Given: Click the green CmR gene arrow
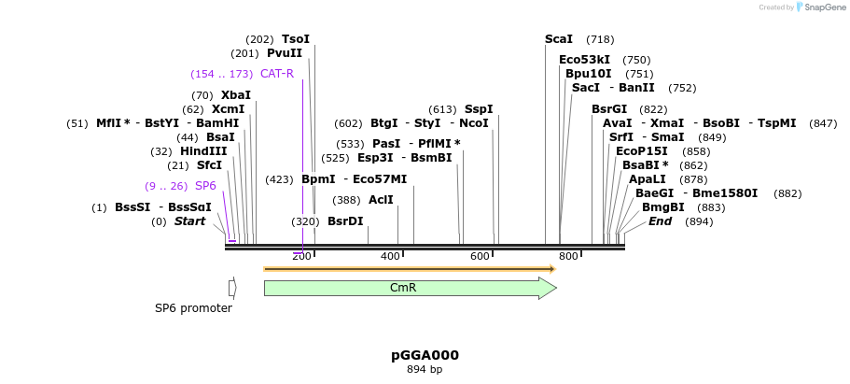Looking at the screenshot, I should click(x=403, y=288).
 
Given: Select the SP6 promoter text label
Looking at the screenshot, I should click(x=193, y=308).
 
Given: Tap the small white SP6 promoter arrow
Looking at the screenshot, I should click(x=232, y=288).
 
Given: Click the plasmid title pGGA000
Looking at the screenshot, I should click(x=425, y=355).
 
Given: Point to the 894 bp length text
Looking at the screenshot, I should click(x=425, y=370).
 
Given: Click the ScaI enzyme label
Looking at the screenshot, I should click(x=558, y=39).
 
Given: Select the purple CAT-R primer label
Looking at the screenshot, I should click(x=277, y=74).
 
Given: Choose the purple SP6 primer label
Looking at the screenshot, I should click(x=205, y=186).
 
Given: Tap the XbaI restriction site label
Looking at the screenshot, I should click(x=236, y=95).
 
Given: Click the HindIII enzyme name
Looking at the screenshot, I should click(x=203, y=151).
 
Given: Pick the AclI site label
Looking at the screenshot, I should click(x=381, y=200).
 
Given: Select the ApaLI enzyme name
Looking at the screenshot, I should click(x=648, y=179).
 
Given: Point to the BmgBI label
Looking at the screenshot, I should click(x=663, y=207).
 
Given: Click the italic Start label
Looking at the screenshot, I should click(x=189, y=221).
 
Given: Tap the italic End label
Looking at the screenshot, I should click(x=660, y=221).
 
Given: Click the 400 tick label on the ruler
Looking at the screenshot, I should click(x=389, y=256).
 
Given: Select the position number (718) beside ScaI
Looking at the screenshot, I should click(x=600, y=39).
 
